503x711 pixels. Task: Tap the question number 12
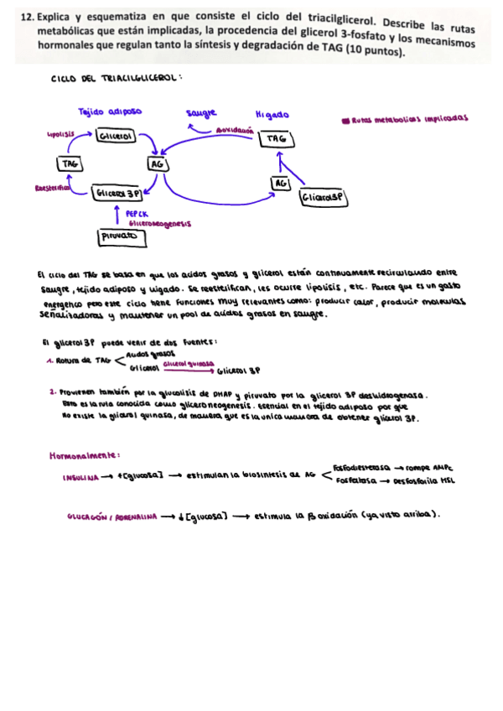pyautogui.click(x=24, y=16)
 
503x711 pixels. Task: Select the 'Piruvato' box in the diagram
pyautogui.click(x=122, y=237)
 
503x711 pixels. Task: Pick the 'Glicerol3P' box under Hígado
pyautogui.click(x=323, y=198)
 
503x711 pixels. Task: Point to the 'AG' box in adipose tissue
pyautogui.click(x=157, y=164)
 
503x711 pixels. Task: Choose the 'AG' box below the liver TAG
pyautogui.click(x=280, y=183)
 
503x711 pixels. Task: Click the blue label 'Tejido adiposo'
pyautogui.click(x=109, y=112)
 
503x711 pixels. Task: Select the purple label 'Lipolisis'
pyautogui.click(x=61, y=133)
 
